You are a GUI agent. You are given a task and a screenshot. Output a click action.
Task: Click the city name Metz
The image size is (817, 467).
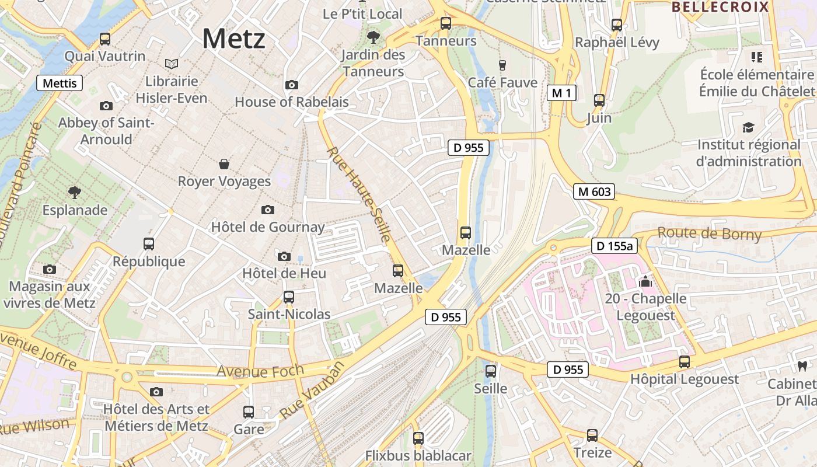pos(233,39)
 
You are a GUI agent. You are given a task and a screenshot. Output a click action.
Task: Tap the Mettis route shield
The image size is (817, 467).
pos(60,83)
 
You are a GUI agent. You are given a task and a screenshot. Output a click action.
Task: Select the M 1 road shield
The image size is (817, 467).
pos(561,92)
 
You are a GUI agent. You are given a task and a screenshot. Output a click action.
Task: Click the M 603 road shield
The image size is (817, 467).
pos(593,191)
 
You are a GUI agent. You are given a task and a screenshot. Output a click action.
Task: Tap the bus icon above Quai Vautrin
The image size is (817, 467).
pos(105,39)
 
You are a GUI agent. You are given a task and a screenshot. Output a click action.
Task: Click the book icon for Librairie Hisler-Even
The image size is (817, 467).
pos(172,64)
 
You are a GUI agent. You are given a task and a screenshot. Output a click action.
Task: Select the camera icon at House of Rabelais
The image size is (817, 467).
pos(292,85)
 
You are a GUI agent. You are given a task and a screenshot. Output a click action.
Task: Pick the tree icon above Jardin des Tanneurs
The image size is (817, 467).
pos(373,37)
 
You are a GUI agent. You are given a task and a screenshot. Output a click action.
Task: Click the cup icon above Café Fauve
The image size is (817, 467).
pos(502,65)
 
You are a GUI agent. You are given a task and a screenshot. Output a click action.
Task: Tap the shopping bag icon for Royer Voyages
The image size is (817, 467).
pos(224,164)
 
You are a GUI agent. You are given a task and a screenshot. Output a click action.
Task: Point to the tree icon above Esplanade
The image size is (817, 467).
pos(75,192)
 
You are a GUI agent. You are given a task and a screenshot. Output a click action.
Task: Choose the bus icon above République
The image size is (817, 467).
pos(149,243)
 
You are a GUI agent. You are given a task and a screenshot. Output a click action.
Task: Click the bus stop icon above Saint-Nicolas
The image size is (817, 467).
pos(289,297)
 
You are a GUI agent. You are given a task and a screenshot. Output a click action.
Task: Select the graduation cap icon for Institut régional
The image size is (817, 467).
pos(748,127)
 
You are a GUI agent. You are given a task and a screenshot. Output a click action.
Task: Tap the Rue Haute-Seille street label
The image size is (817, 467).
pos(358,194)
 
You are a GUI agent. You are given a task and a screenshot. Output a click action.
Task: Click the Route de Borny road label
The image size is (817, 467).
pos(709,233)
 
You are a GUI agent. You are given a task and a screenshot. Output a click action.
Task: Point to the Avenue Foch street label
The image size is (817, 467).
pos(260,371)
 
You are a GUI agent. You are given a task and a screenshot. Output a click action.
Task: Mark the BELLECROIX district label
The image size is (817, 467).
pos(720,7)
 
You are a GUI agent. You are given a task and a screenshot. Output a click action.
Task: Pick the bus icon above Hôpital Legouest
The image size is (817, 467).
pos(685,362)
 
